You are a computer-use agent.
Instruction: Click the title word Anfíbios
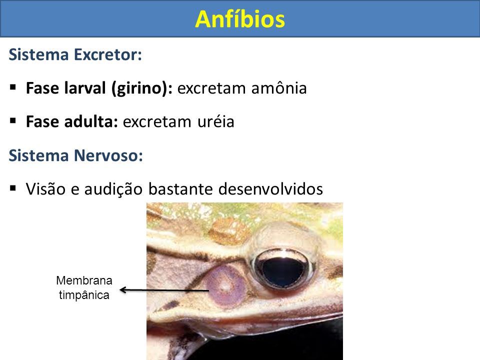point(240,19)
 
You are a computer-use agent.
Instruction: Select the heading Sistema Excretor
point(75,55)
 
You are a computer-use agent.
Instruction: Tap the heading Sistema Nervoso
point(75,155)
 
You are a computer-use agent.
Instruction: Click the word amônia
point(279,88)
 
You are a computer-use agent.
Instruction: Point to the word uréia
point(216,121)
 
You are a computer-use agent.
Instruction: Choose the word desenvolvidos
point(270,188)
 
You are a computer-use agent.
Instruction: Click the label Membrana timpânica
point(84,288)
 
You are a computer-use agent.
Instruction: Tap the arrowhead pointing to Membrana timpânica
point(123,289)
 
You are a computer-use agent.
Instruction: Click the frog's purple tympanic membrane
point(225,286)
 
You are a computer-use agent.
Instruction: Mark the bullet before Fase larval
point(13,87)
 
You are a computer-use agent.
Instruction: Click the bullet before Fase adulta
point(13,121)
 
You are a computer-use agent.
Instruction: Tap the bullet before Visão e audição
point(13,188)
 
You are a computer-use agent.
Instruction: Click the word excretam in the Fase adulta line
point(157,122)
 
